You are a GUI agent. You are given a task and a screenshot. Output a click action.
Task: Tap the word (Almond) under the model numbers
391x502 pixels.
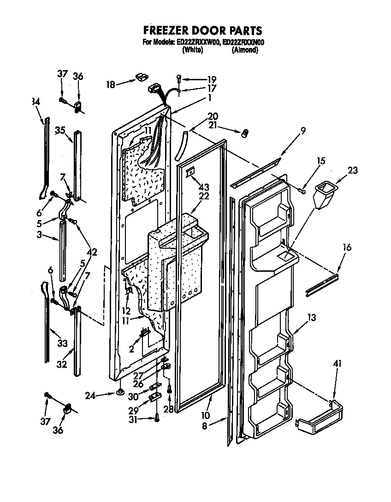244,50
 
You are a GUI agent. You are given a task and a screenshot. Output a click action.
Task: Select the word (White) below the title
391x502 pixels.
193,50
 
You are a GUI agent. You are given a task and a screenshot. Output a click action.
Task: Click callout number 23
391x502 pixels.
353,170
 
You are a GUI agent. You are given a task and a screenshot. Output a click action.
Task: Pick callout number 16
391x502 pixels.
347,248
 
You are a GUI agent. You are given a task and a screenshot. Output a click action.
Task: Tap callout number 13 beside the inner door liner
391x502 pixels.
312,317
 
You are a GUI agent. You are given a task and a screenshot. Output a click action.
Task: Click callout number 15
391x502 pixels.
308,161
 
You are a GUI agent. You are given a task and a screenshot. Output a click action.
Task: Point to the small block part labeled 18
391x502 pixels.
141,77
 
